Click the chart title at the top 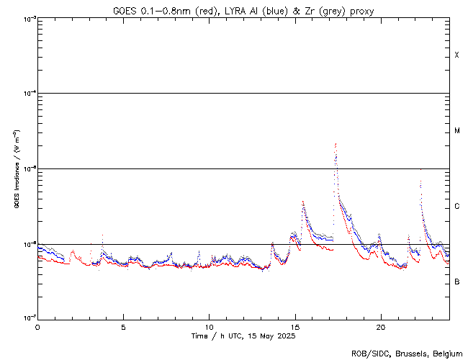point(243,10)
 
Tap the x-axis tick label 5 point(123,326)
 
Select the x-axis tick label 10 point(209,326)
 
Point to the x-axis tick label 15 point(294,326)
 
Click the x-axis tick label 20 point(380,326)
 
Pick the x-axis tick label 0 point(37,326)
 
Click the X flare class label point(456,55)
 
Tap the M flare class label point(456,131)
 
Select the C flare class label point(456,207)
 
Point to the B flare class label point(456,282)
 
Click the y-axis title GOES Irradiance point(16,169)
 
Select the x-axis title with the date point(243,336)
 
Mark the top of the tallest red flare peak point(336,143)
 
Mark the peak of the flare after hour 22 point(420,169)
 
